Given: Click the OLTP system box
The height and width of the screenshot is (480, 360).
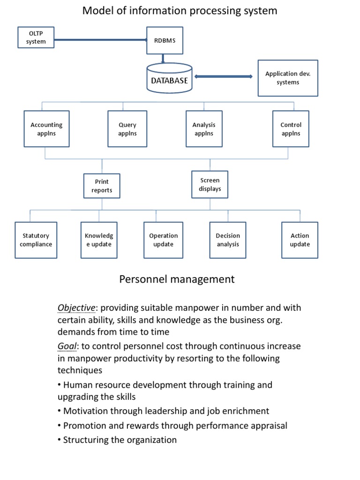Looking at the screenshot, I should (36, 37).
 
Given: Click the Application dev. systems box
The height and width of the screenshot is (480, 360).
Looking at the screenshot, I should (288, 78).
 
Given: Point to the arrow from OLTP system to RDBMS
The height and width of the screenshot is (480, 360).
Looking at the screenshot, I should (101, 41).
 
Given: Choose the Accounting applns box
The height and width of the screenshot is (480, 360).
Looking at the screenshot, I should (46, 129).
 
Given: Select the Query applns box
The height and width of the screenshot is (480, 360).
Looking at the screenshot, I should (127, 129).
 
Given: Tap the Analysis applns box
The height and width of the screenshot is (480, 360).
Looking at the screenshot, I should (204, 129).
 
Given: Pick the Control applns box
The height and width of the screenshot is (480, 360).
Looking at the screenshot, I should (291, 129).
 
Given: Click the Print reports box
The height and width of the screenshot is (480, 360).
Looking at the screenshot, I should (102, 186).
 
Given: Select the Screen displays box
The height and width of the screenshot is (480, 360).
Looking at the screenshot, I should (210, 184).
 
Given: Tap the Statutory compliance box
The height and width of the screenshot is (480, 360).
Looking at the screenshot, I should (36, 240).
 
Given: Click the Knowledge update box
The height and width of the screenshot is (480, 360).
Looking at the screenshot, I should (98, 240).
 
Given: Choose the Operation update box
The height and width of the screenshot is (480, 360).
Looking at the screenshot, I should (163, 240).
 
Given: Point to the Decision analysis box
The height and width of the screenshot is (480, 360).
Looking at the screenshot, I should (228, 240).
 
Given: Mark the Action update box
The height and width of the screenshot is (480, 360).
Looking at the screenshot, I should (300, 240).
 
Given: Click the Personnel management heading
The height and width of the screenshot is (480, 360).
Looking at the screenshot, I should (177, 279).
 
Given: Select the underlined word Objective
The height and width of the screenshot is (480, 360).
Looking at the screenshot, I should (76, 308).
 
